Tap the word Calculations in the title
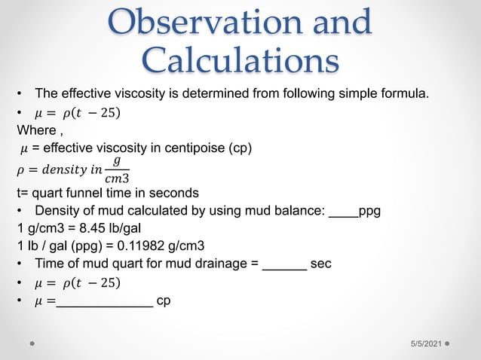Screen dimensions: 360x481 [x=240, y=60]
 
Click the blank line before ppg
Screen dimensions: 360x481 [x=343, y=212]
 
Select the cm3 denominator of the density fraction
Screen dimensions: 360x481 [x=116, y=178]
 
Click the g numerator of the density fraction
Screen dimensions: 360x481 [x=115, y=160]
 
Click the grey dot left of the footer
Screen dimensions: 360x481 [x=33, y=342]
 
